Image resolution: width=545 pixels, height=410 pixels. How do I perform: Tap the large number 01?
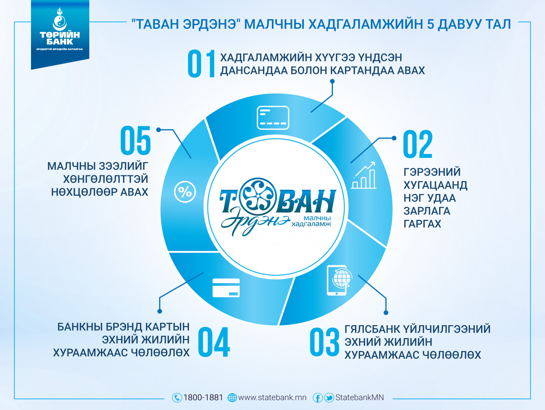point(201,64)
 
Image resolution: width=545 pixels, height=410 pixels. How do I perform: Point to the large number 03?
point(325,342)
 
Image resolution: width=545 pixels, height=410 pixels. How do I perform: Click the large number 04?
point(214,342)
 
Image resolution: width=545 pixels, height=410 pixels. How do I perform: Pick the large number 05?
point(136,141)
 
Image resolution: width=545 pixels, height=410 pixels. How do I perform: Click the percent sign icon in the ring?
point(185,192)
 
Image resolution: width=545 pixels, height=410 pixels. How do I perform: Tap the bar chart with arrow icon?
point(364,175)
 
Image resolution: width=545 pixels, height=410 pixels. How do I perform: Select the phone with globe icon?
point(339,280)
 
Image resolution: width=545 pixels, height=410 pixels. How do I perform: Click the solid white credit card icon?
point(226,288)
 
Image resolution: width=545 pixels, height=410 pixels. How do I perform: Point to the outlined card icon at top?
point(273,117)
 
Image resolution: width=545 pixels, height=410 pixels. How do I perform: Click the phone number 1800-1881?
point(203,398)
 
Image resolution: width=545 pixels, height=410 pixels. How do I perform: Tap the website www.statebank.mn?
point(272,398)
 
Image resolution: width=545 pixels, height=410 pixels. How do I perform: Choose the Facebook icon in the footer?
point(317,398)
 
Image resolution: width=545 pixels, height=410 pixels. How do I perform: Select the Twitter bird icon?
point(329,398)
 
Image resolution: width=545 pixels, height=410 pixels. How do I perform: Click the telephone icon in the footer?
point(177,398)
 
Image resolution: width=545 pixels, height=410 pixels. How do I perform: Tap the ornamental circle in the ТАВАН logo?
point(258,196)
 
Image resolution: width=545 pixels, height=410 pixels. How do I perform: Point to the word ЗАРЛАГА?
point(427,211)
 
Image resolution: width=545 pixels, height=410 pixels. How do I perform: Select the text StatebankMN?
point(359,398)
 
